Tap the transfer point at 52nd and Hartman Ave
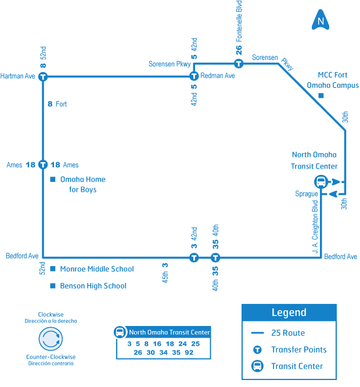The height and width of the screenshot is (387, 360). click(x=42, y=76)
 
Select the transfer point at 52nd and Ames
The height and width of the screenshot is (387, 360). click(x=42, y=165)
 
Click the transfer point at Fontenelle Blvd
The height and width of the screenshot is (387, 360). click(x=238, y=63)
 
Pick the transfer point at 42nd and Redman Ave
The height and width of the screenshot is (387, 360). click(x=194, y=76)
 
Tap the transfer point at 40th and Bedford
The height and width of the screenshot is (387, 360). click(x=215, y=257)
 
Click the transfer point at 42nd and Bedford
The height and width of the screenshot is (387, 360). click(x=194, y=257)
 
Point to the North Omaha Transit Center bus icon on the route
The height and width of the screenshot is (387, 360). click(x=321, y=181)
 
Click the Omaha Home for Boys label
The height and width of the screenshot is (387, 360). click(x=82, y=184)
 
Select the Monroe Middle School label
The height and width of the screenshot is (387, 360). click(x=96, y=269)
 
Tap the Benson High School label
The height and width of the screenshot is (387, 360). click(x=93, y=286)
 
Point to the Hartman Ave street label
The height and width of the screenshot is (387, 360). click(x=18, y=76)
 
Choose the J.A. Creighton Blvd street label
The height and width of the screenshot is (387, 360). click(x=315, y=227)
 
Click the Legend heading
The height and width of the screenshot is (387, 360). click(x=289, y=313)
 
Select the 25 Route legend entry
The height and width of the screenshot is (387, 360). click(x=288, y=333)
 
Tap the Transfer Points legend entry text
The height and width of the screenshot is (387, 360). click(x=298, y=350)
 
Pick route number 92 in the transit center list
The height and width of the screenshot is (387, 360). click(x=189, y=353)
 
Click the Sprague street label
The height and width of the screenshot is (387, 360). click(x=306, y=193)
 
